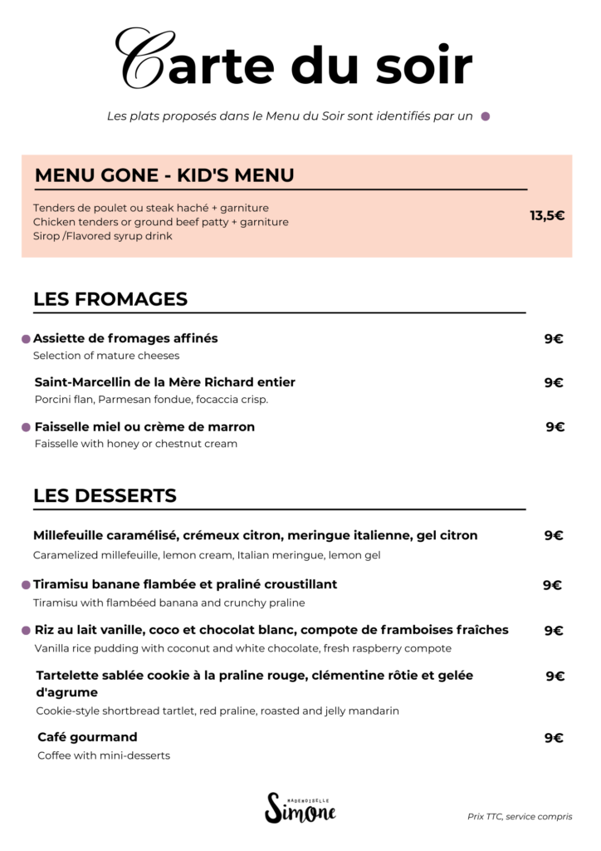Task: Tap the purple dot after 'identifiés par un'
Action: pos(486,116)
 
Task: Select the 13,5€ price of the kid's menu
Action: pos(547,216)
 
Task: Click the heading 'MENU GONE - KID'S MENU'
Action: pos(164,175)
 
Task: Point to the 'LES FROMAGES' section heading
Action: pos(110,299)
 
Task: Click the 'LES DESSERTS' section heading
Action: pos(105,496)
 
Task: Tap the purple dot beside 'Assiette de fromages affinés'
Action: pos(26,339)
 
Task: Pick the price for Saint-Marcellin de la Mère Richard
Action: pos(554,383)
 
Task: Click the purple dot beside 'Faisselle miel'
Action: pos(27,427)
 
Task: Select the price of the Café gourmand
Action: pos(554,738)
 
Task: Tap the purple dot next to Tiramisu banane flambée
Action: pos(27,585)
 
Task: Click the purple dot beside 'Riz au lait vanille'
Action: pos(27,631)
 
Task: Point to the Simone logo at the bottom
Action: pos(300,808)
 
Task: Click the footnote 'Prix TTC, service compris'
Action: pos(520,817)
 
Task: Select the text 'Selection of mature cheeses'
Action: pos(106,356)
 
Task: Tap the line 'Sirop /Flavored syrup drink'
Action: pos(103,236)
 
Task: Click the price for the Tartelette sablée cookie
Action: pos(555,676)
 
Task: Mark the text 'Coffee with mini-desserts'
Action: pos(104,755)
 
